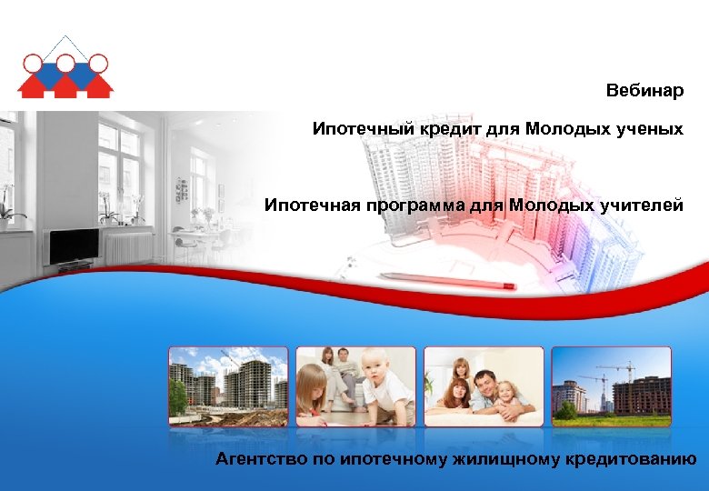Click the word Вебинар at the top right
pos(645,91)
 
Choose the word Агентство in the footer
pos(261,459)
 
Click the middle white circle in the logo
pos(65,63)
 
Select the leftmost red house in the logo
pos(33,85)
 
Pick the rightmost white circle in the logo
pos(98,63)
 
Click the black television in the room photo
pos(74,245)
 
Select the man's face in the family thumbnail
pos(486,381)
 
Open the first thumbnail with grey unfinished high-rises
pos(227,386)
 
